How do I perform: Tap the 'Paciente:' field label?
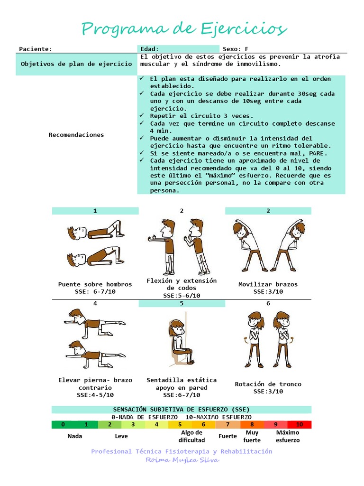(36, 49)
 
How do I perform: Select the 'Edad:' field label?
(150, 49)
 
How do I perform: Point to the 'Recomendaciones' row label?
(76, 135)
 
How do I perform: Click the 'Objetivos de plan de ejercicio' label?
(76, 64)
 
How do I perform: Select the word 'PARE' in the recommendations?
(318, 153)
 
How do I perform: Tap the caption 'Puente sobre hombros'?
(95, 284)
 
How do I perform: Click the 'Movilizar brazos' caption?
(268, 284)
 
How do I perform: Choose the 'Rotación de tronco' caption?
(268, 384)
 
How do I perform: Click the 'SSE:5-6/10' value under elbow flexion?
(182, 296)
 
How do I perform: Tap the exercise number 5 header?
(182, 304)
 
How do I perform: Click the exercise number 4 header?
(95, 304)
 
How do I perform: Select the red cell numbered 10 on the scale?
(300, 425)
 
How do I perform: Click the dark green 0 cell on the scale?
(63, 425)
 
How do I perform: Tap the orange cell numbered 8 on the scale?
(252, 425)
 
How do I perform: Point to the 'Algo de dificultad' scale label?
(192, 436)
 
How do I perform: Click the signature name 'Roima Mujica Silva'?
(182, 460)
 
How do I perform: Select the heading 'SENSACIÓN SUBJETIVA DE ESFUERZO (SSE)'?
(182, 409)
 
